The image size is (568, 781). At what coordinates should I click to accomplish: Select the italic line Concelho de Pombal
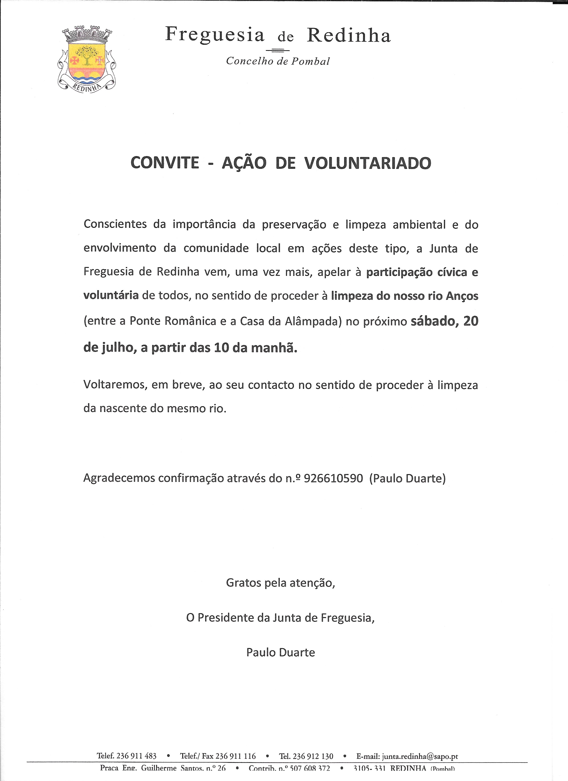[x=278, y=61]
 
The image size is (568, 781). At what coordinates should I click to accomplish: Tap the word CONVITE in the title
[x=165, y=163]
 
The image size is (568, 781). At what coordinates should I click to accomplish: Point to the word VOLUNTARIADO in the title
[x=368, y=163]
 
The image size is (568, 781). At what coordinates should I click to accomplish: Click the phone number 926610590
[x=333, y=478]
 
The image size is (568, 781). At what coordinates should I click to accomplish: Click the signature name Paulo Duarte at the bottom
[x=280, y=653]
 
